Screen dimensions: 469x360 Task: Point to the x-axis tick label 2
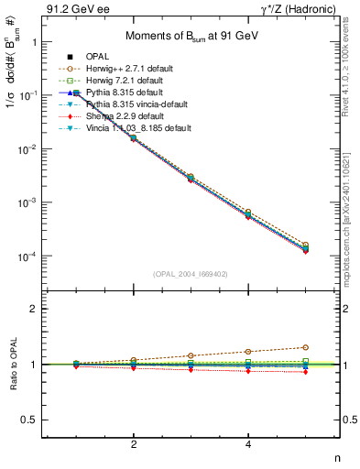(135, 445)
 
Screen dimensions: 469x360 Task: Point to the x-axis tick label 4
(249, 445)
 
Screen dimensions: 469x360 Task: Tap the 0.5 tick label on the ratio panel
(29, 420)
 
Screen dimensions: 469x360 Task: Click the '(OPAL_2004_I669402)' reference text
(191, 272)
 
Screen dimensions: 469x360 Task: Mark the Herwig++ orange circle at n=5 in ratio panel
(306, 347)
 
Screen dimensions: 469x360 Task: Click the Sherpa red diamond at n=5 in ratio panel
(306, 372)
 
